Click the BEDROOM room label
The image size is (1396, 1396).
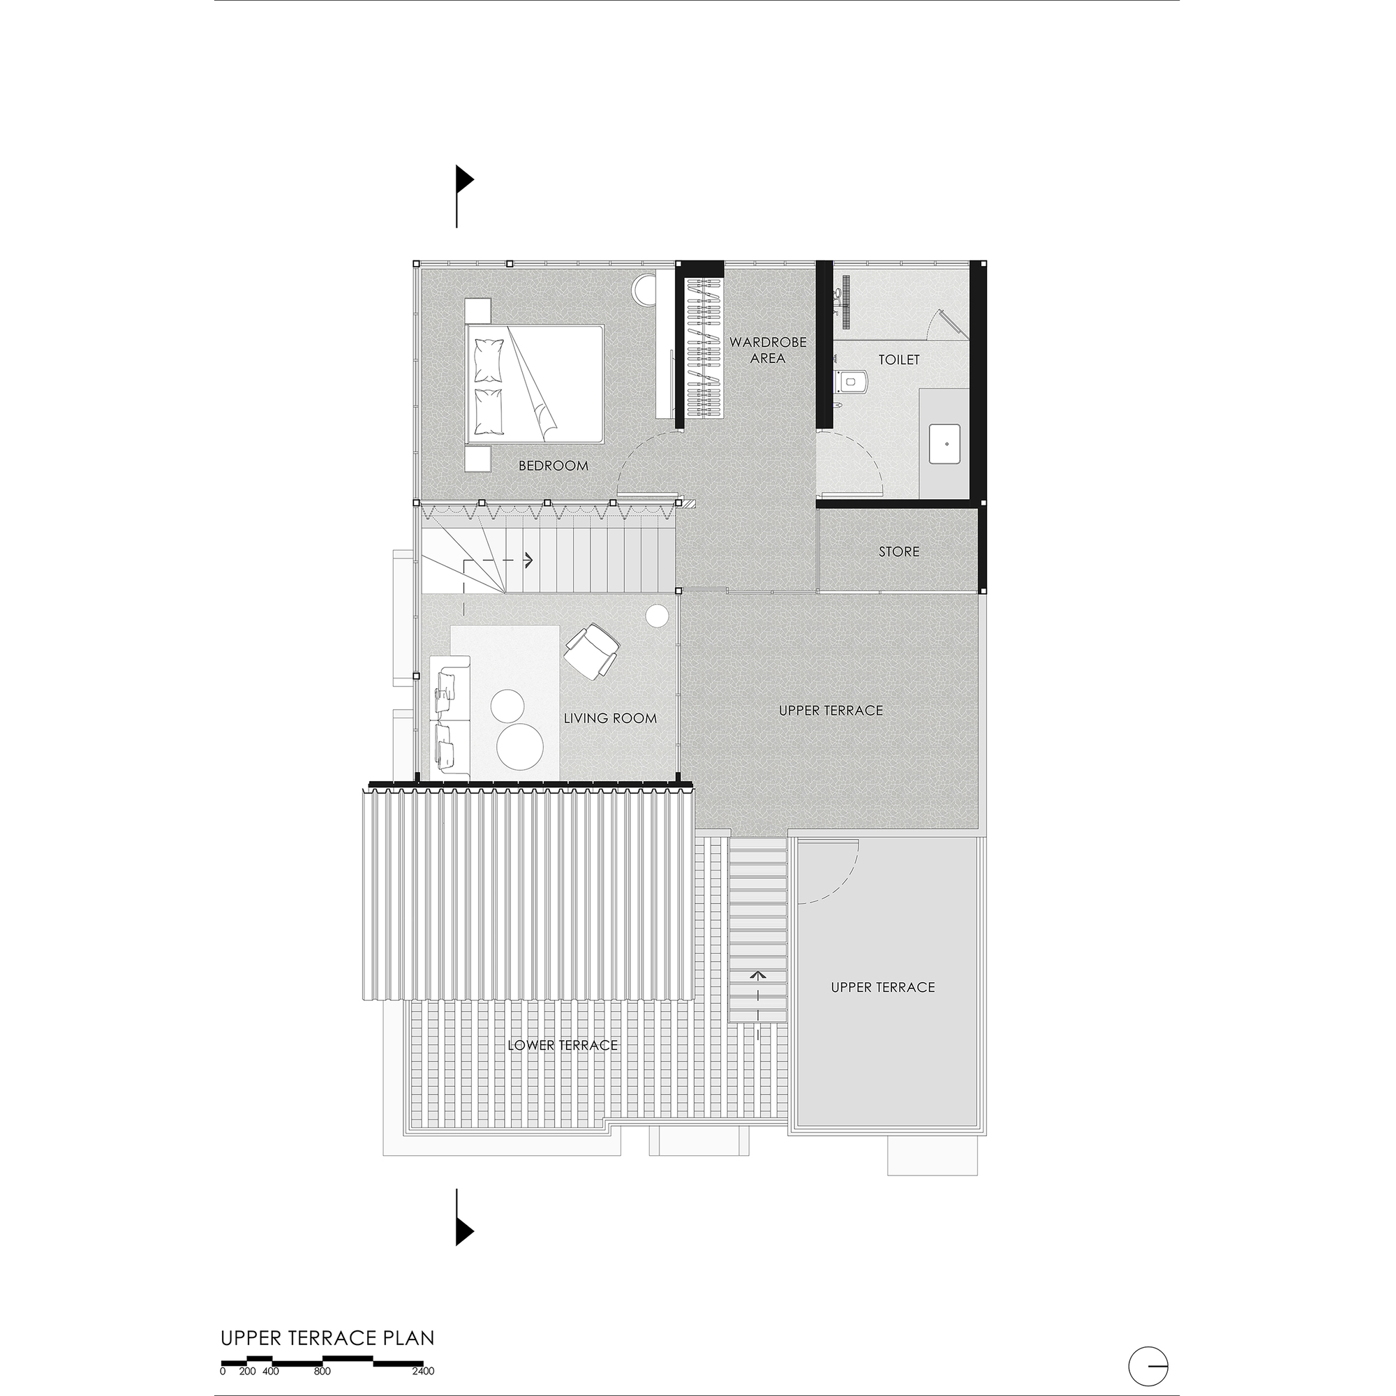click(554, 466)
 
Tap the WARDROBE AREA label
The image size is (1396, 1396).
click(767, 350)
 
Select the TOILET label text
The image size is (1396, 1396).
click(899, 359)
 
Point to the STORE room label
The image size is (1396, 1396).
click(899, 551)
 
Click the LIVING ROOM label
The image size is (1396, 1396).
click(610, 718)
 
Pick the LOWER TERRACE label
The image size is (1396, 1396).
click(562, 1045)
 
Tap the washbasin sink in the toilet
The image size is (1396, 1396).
click(946, 444)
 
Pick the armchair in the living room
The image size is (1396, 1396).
click(592, 651)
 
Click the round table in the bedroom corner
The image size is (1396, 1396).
click(644, 290)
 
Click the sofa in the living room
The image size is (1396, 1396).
click(450, 718)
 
